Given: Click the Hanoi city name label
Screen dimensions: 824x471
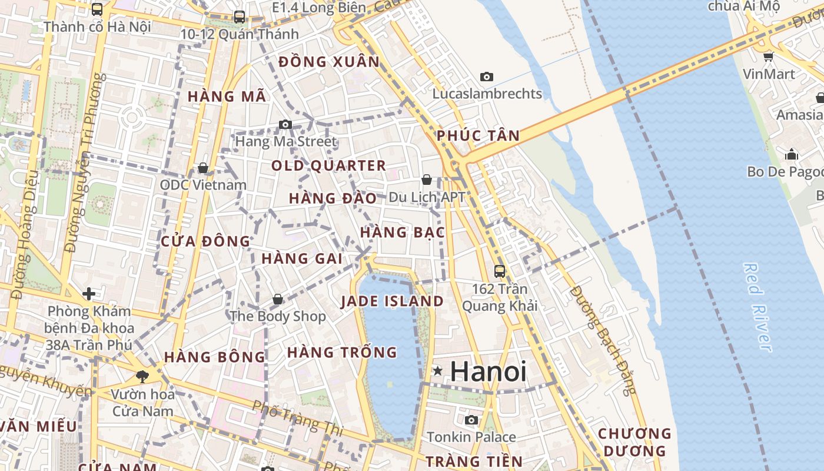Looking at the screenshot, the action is (489, 372).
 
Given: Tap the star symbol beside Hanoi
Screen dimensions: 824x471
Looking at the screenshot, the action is (438, 370).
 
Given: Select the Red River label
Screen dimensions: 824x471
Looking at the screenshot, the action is (757, 307).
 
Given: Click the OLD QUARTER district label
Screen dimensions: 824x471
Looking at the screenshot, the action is (328, 166).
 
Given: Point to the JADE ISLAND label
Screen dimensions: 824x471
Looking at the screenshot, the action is (392, 301).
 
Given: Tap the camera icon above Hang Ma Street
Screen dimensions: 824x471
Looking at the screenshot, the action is (285, 124).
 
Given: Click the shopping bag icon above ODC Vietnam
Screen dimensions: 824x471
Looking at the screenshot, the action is (203, 168).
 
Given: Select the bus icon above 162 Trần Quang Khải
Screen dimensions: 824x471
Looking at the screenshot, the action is (500, 271).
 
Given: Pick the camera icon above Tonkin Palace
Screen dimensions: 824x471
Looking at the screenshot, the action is (471, 420).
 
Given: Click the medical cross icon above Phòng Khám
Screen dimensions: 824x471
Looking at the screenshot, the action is (89, 293).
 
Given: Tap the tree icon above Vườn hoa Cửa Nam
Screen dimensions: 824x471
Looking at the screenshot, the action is (142, 376).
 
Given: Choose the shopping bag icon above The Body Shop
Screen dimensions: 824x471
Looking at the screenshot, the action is (278, 300).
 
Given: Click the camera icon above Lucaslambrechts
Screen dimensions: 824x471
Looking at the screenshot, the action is (487, 77).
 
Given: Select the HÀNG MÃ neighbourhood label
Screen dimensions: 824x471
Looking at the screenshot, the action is (227, 97).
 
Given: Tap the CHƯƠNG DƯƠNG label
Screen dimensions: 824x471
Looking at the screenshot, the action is (634, 442).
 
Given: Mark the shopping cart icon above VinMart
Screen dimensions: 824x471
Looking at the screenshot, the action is (768, 57).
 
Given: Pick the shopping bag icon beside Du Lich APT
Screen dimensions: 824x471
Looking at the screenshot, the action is (427, 180).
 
